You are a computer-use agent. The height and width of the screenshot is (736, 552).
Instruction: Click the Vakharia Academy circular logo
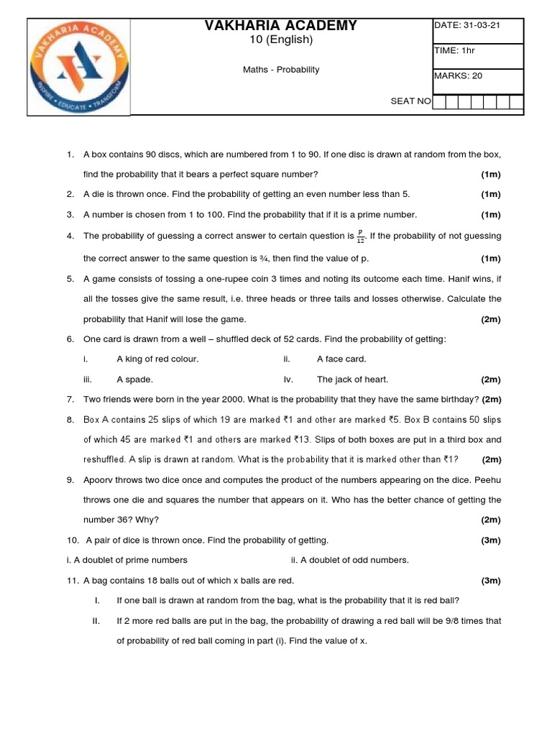pos(78,66)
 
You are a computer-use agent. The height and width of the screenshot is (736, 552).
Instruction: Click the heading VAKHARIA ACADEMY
pos(281,26)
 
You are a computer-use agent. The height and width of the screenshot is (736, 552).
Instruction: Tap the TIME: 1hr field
pos(454,50)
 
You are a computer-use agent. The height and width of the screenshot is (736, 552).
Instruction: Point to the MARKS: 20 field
pos(457,75)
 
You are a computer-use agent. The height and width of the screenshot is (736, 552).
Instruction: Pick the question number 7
pos(70,399)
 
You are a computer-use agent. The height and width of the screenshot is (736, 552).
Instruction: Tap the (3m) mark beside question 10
pos(491,540)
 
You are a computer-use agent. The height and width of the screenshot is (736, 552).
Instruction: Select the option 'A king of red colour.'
pos(157,359)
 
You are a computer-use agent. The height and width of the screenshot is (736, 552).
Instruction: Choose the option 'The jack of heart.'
pos(352,379)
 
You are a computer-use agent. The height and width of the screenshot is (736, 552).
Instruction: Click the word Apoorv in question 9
pos(98,479)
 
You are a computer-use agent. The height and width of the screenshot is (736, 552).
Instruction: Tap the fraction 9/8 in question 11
pos(422,620)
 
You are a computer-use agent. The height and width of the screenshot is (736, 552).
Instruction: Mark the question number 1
pos(70,155)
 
